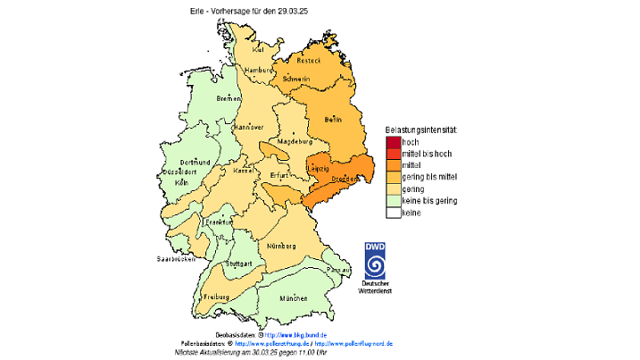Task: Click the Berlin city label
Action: coord(333,119)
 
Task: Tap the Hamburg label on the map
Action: coord(258,70)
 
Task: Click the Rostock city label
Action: coord(308,60)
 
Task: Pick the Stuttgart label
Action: coord(238,264)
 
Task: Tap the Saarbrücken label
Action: coord(175,259)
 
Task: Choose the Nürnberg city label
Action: coord(280,242)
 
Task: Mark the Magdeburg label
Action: coord(294,141)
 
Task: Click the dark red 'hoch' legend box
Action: coord(393,142)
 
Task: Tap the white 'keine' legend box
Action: coord(393,213)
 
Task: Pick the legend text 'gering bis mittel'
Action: coord(430,178)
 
